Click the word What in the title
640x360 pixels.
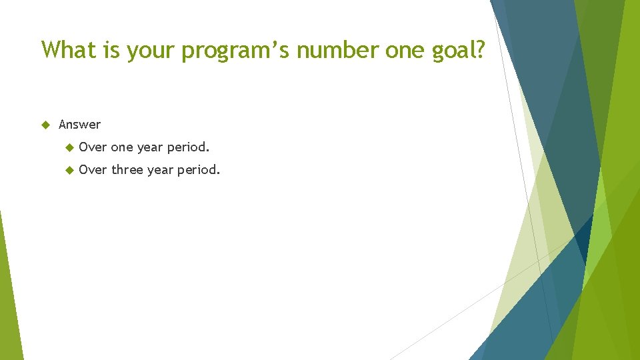pyautogui.click(x=69, y=49)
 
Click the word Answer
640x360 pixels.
pyautogui.click(x=79, y=125)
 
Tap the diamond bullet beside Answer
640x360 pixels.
pyautogui.click(x=46, y=125)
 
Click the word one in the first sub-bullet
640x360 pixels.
pyautogui.click(x=122, y=147)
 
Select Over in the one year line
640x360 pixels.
pyautogui.click(x=93, y=147)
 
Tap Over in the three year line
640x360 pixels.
pyautogui.click(x=93, y=170)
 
